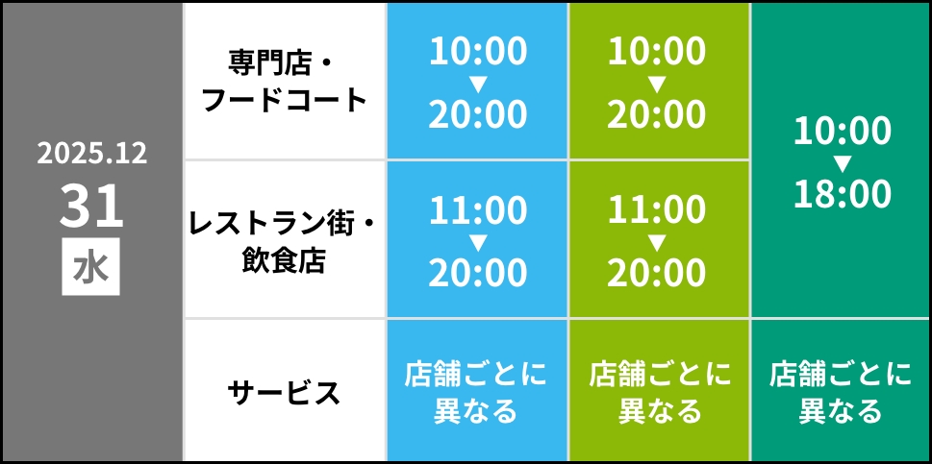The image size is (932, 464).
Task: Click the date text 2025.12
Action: (x=92, y=153)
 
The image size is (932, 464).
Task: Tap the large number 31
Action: (x=92, y=205)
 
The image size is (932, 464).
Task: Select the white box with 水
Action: (x=91, y=266)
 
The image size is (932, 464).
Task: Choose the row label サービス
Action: (x=285, y=392)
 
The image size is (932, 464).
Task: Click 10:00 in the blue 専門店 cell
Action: (x=478, y=52)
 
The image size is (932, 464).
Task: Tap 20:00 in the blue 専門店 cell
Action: (x=478, y=114)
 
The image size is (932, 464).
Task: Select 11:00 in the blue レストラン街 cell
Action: (x=478, y=210)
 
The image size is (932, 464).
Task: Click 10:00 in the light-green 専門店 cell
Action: (x=658, y=52)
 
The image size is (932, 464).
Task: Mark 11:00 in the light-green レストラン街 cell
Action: (x=658, y=210)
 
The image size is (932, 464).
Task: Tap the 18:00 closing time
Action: (x=843, y=194)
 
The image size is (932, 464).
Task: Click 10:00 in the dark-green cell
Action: (x=843, y=132)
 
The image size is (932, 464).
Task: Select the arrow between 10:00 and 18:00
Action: (x=843, y=162)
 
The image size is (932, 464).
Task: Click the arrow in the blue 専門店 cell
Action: (x=478, y=84)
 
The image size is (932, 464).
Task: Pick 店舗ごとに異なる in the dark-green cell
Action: (x=841, y=392)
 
